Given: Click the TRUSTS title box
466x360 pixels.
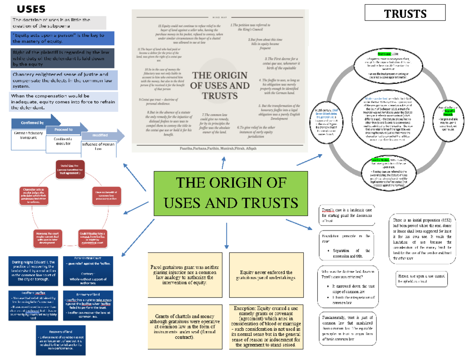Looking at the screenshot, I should pyautogui.click(x=405, y=14).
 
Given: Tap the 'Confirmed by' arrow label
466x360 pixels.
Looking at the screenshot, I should pyautogui.click(x=32, y=123).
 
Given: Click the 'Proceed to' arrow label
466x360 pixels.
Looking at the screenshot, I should pyautogui.click(x=63, y=130).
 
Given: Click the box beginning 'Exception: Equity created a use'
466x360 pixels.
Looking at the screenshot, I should pyautogui.click(x=266, y=327).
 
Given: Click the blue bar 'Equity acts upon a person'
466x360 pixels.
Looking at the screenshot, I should pyautogui.click(x=63, y=38).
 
